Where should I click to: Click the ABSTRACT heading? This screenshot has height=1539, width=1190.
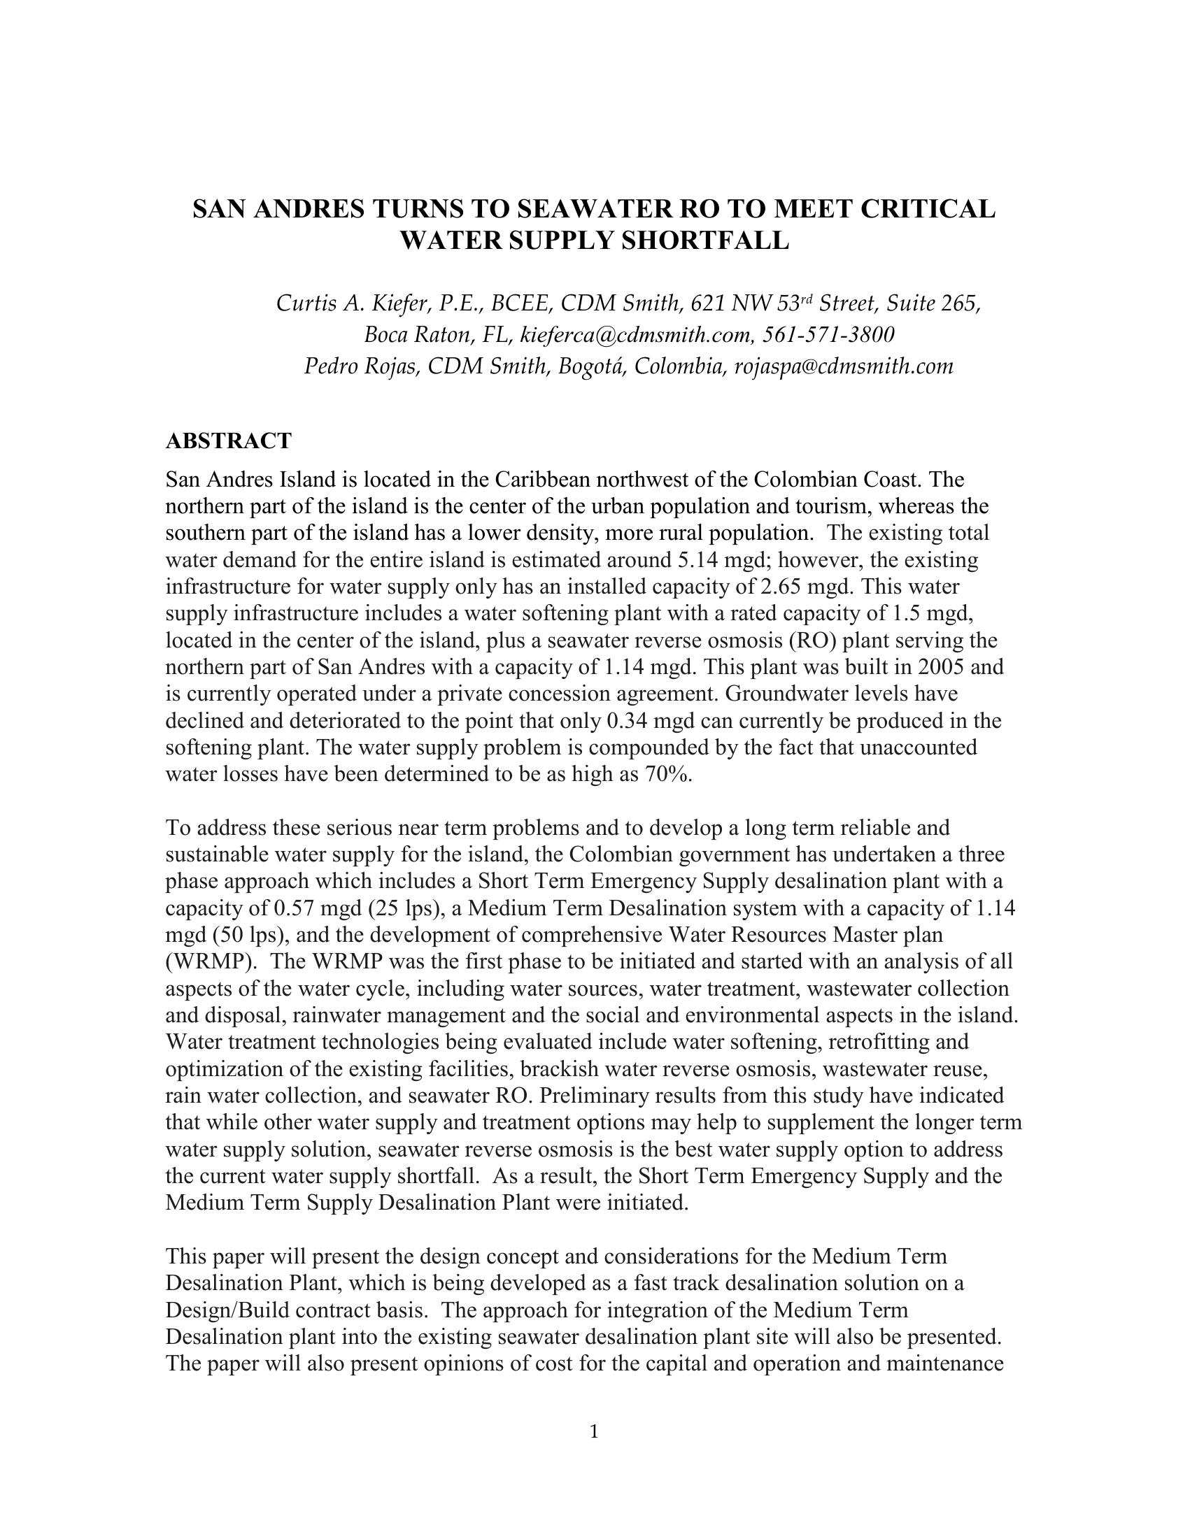pos(227,441)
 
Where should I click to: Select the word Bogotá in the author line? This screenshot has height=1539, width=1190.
pos(590,366)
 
